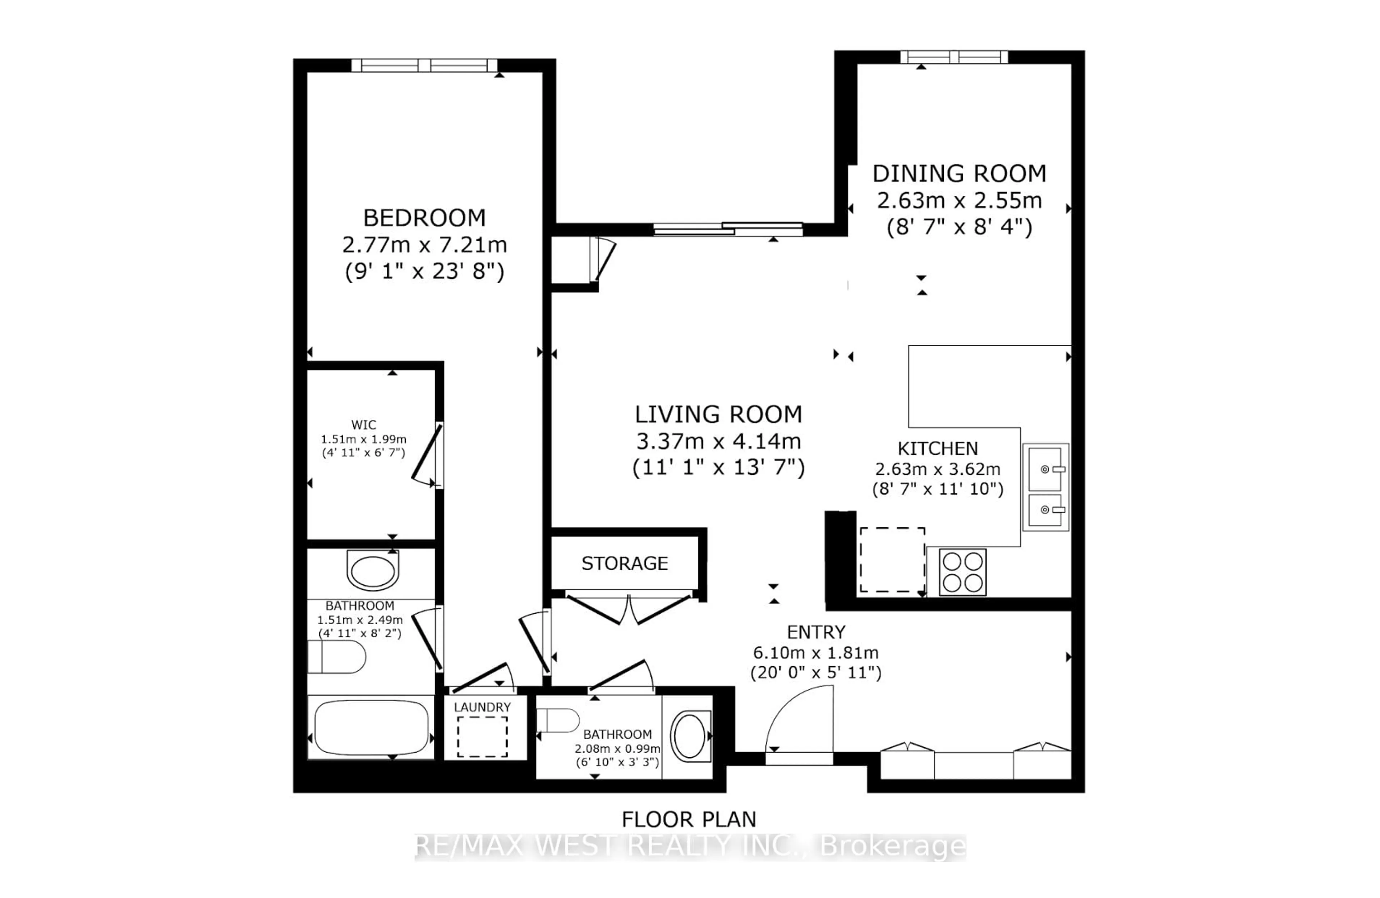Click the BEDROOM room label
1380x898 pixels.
point(424,218)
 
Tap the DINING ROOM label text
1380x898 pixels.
point(959,174)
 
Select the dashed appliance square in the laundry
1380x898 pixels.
point(482,737)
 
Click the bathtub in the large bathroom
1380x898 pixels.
point(371,727)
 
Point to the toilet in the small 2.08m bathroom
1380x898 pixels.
point(558,720)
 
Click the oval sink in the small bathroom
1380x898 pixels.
point(689,736)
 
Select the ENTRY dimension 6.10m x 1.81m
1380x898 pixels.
point(815,653)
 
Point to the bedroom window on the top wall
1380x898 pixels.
point(424,65)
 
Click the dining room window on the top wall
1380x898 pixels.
point(954,57)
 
